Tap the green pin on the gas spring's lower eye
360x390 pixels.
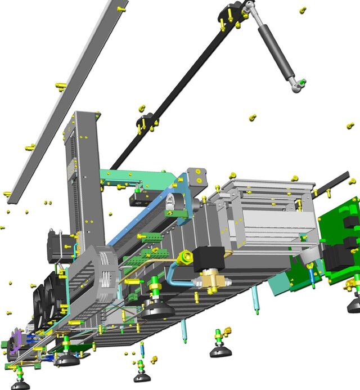pos(303,83)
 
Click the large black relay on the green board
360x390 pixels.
pos(340,256)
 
